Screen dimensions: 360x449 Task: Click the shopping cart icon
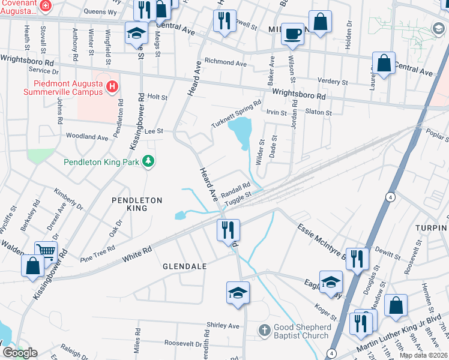point(46,251)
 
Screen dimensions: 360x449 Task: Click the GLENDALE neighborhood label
point(185,266)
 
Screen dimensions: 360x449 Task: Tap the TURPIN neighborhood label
point(431,229)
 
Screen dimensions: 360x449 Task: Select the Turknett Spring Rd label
point(236,114)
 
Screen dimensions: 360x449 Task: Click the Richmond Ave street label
point(225,62)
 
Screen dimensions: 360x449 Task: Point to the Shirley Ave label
point(223,325)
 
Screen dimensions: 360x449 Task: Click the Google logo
point(20,353)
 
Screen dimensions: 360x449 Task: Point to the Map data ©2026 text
point(423,355)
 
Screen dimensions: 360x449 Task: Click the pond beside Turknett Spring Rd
point(241,131)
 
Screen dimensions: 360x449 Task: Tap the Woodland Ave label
point(86,137)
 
